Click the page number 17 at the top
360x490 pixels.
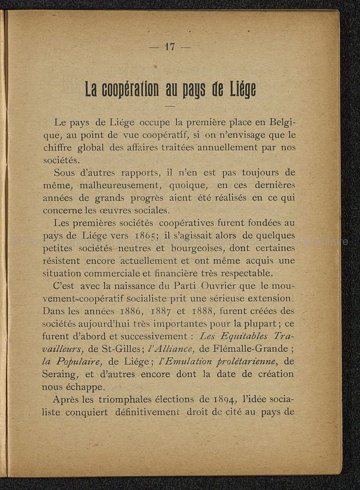click(170, 46)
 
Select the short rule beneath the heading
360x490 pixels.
click(170, 105)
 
